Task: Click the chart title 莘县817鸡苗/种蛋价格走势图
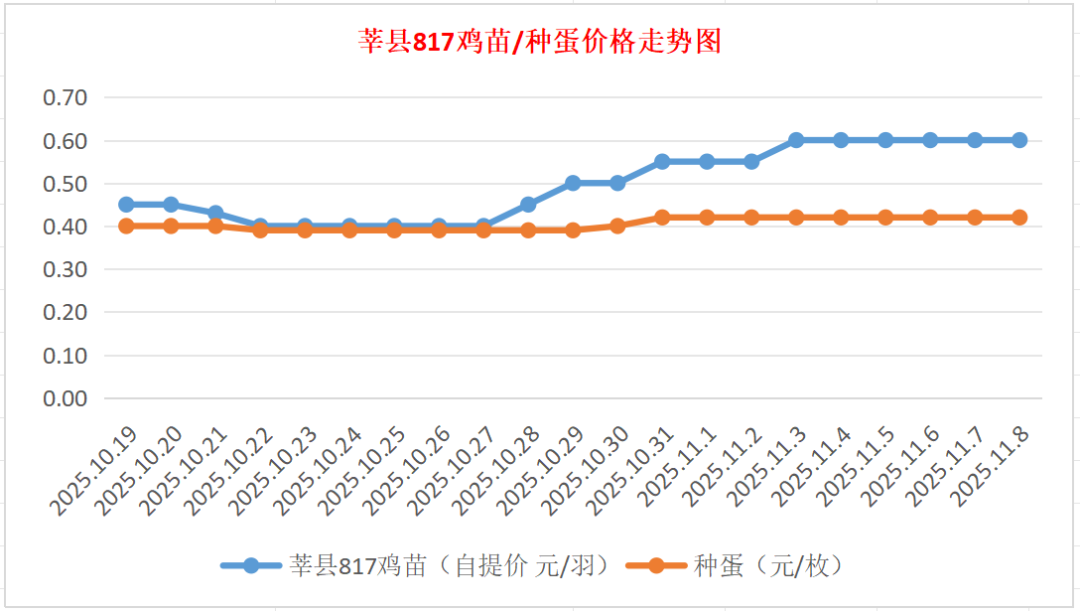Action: tap(539, 42)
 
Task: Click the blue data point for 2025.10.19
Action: tap(126, 205)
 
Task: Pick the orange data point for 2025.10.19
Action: tap(126, 227)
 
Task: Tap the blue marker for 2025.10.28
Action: tap(528, 205)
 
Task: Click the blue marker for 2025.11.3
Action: tap(796, 140)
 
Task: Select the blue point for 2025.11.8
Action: tap(1019, 140)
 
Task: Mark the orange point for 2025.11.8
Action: tap(1019, 218)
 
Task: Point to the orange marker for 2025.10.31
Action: tap(662, 218)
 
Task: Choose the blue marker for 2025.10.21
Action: tap(215, 214)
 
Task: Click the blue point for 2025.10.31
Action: tap(662, 162)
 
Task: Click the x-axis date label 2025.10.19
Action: tap(95, 471)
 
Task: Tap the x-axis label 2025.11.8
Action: tap(993, 466)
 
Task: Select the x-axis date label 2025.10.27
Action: tap(453, 471)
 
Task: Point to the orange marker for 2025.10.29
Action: tap(573, 230)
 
